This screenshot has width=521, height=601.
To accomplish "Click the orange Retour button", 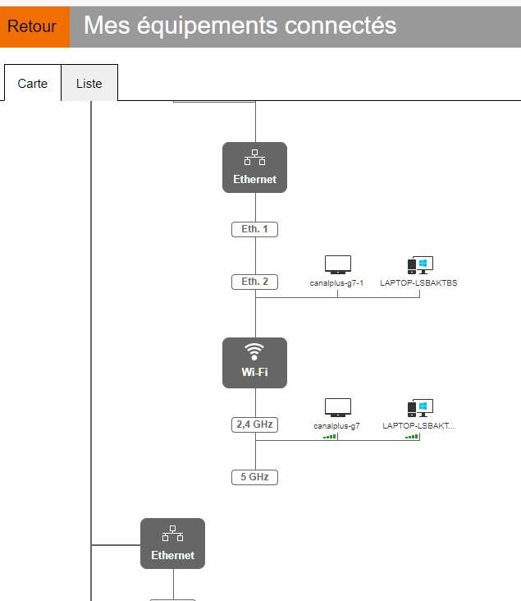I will [x=32, y=26].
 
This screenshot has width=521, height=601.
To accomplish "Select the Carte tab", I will [x=32, y=84].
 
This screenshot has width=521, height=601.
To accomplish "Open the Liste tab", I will [x=89, y=84].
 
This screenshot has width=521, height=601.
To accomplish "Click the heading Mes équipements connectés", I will [x=240, y=25].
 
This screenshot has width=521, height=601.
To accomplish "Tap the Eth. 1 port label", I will [x=254, y=229].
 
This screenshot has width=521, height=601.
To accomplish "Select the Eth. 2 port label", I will [x=254, y=282].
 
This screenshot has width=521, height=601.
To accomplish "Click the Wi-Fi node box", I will [x=254, y=363].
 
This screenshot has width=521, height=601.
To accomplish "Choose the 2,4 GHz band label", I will [x=254, y=424].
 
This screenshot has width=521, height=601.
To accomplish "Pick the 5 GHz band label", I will [x=254, y=477].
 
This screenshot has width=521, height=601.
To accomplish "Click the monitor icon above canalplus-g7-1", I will [x=337, y=264].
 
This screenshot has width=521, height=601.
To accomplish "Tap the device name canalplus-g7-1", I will [x=336, y=282].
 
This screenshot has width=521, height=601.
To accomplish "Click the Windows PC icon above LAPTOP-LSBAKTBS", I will [x=419, y=264].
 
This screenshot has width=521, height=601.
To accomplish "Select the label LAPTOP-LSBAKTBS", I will [x=418, y=282].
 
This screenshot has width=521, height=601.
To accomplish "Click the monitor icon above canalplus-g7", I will [x=337, y=407].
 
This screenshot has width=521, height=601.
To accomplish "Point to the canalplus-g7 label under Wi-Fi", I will [x=336, y=426].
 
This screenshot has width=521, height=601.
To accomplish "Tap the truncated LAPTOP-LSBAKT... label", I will [x=418, y=426].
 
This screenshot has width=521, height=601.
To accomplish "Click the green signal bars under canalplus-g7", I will [x=330, y=437].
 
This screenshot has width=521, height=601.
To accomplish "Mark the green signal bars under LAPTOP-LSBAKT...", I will [x=412, y=437].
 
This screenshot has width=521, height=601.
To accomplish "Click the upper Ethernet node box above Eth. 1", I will [x=254, y=167].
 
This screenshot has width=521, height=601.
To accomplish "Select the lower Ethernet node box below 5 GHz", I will [x=172, y=544].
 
